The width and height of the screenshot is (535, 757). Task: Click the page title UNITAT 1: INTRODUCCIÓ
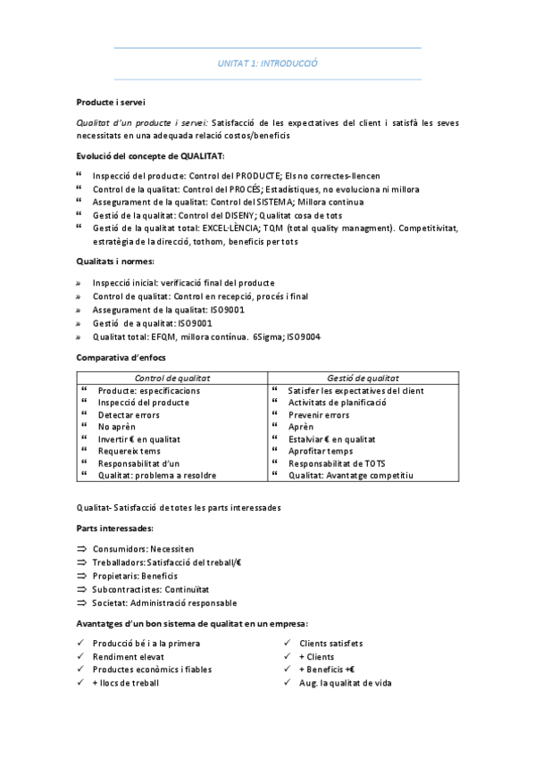[268, 64]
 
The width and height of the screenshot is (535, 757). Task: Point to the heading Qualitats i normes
[115, 261]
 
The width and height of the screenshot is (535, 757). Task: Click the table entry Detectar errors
[129, 415]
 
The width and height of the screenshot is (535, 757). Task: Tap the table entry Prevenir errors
[319, 415]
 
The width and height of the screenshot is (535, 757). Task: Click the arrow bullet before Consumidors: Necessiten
[80, 549]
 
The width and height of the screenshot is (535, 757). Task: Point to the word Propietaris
[115, 576]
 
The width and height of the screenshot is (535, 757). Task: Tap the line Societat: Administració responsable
[153, 603]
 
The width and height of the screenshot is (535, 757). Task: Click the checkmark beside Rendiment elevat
[80, 656]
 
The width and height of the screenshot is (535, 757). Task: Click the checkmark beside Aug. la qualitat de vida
[288, 683]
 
